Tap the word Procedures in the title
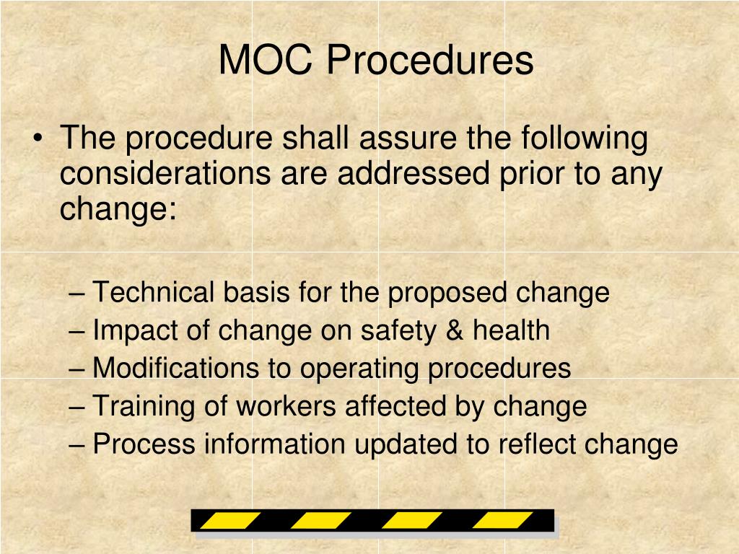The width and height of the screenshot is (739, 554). [x=429, y=61]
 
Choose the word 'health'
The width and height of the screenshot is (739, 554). [x=511, y=331]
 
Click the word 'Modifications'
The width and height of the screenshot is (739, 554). [x=176, y=369]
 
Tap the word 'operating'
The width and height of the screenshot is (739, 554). [x=359, y=369]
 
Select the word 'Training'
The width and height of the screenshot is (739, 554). [x=144, y=406]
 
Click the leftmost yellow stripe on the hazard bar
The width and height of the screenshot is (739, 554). [x=230, y=521]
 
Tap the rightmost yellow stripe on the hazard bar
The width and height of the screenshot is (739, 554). [x=503, y=521]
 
